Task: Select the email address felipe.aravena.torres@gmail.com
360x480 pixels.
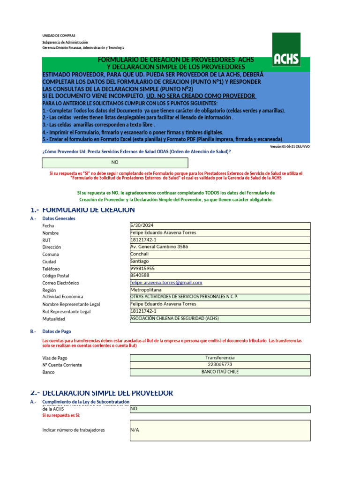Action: click(166, 283)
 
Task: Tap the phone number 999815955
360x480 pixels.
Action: click(142, 269)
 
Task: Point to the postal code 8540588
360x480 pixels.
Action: click(140, 276)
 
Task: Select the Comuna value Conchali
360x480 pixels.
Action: click(139, 254)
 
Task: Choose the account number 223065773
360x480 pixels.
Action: click(220, 365)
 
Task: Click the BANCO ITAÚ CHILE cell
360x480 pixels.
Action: click(220, 372)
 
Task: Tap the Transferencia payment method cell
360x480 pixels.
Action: click(220, 358)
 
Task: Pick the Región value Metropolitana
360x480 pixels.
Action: click(146, 290)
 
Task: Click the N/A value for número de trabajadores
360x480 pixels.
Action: click(135, 430)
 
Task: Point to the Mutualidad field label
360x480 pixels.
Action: click(54, 319)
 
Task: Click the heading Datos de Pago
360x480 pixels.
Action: click(57, 331)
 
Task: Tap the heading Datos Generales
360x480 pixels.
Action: click(59, 218)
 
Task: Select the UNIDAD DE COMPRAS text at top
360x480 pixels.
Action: click(59, 36)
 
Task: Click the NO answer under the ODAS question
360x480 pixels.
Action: click(115, 162)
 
